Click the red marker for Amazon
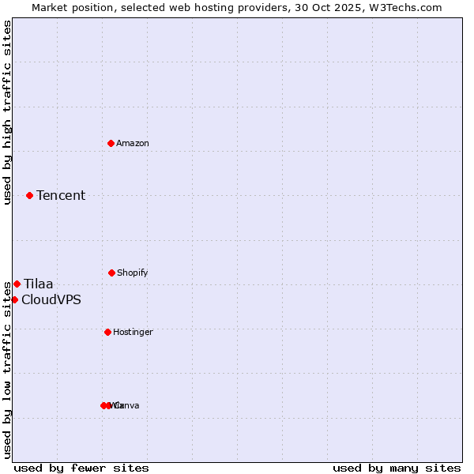pyautogui.click(x=111, y=143)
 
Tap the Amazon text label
pyautogui.click(x=133, y=143)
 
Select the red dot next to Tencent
pyautogui.click(x=29, y=195)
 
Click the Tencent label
pyautogui.click(x=61, y=195)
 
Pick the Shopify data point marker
pyautogui.click(x=111, y=273)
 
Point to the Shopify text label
pyautogui.click(x=133, y=273)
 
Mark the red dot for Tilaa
pyautogui.click(x=17, y=284)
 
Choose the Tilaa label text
pyautogui.click(x=39, y=284)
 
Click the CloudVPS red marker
pyautogui.click(x=14, y=299)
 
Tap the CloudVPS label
pyautogui.click(x=51, y=299)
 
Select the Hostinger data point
pyautogui.click(x=107, y=332)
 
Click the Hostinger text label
pyautogui.click(x=133, y=332)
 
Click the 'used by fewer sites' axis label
pyautogui.click(x=81, y=468)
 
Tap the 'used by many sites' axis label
pyautogui.click(x=397, y=468)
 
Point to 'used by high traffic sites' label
pyautogui.click(x=7, y=112)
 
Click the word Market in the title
pyautogui.click(x=51, y=7)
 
